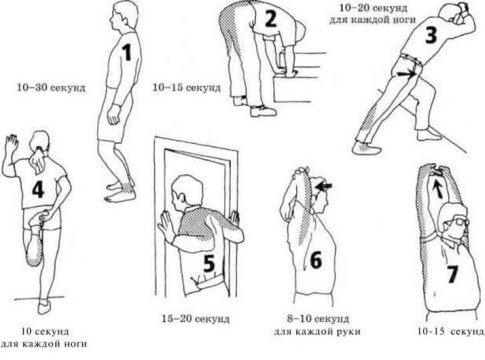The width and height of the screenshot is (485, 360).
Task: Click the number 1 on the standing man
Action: point(127,53)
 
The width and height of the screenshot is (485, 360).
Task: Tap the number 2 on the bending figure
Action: point(271,19)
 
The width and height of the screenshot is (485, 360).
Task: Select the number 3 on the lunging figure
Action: point(431,35)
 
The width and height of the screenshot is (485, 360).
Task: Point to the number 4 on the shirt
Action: point(38,190)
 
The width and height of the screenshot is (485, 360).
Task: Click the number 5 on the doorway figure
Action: point(209,263)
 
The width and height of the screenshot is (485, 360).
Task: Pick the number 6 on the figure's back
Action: point(316,260)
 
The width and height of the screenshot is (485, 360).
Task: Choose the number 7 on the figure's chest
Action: point(452,274)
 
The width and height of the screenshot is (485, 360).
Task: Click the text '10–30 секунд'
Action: point(51,88)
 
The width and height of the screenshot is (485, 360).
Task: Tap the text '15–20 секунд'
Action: point(196,319)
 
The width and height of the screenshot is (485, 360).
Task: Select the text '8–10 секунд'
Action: point(318,319)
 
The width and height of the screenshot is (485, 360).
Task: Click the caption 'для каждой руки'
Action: point(317,332)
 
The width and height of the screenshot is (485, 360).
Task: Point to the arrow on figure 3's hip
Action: point(406,74)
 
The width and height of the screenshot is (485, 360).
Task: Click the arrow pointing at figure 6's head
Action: point(323,186)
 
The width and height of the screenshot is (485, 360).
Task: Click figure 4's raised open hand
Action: point(11,142)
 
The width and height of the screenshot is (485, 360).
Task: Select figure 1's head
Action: point(124,17)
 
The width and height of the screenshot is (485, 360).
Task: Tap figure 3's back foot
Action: point(366,147)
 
